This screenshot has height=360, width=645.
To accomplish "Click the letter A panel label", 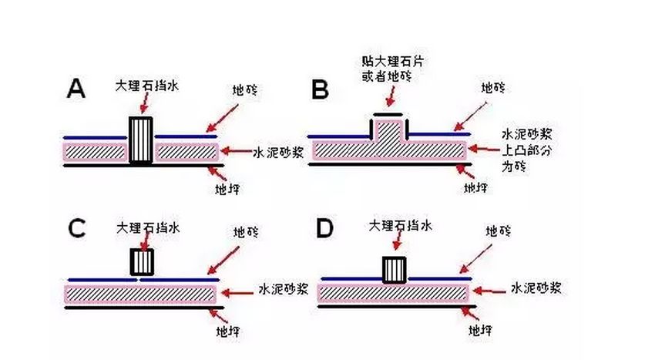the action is pos(76,89).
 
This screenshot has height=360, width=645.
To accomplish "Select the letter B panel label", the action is pos(320,89).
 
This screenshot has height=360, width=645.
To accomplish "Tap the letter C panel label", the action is pos(77,229).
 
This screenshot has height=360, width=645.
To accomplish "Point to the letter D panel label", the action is pos(324,229).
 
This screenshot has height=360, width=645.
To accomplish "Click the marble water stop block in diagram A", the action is pos(141,140).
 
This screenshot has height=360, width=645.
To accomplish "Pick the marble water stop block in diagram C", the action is pos(142,261).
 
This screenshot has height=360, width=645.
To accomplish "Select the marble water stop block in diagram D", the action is pos(395,270).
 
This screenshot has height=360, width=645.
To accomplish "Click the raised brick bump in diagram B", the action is pos(389,132).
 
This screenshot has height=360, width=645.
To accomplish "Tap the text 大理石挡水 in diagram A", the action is pos(147,86).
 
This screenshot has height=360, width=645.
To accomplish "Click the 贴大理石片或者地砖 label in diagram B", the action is pos(392,69).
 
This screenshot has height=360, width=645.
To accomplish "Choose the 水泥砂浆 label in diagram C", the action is pos(284,289).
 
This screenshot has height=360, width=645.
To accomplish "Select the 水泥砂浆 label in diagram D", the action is pos(536,288).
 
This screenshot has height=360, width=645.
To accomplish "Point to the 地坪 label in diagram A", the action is pos(227,190).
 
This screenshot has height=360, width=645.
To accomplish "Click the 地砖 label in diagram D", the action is pos(498,231).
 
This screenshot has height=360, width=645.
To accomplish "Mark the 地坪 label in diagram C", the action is pos(228,331).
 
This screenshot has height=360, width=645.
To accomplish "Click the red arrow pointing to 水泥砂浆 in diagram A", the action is pos(237,151).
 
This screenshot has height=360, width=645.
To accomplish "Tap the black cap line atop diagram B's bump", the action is pos(388,114).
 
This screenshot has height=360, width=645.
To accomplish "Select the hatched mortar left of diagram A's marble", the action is pos(95,152).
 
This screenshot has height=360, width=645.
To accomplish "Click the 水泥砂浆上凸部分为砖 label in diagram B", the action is pos(526,150).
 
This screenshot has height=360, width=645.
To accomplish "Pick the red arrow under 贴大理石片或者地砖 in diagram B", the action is pos(391,96).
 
